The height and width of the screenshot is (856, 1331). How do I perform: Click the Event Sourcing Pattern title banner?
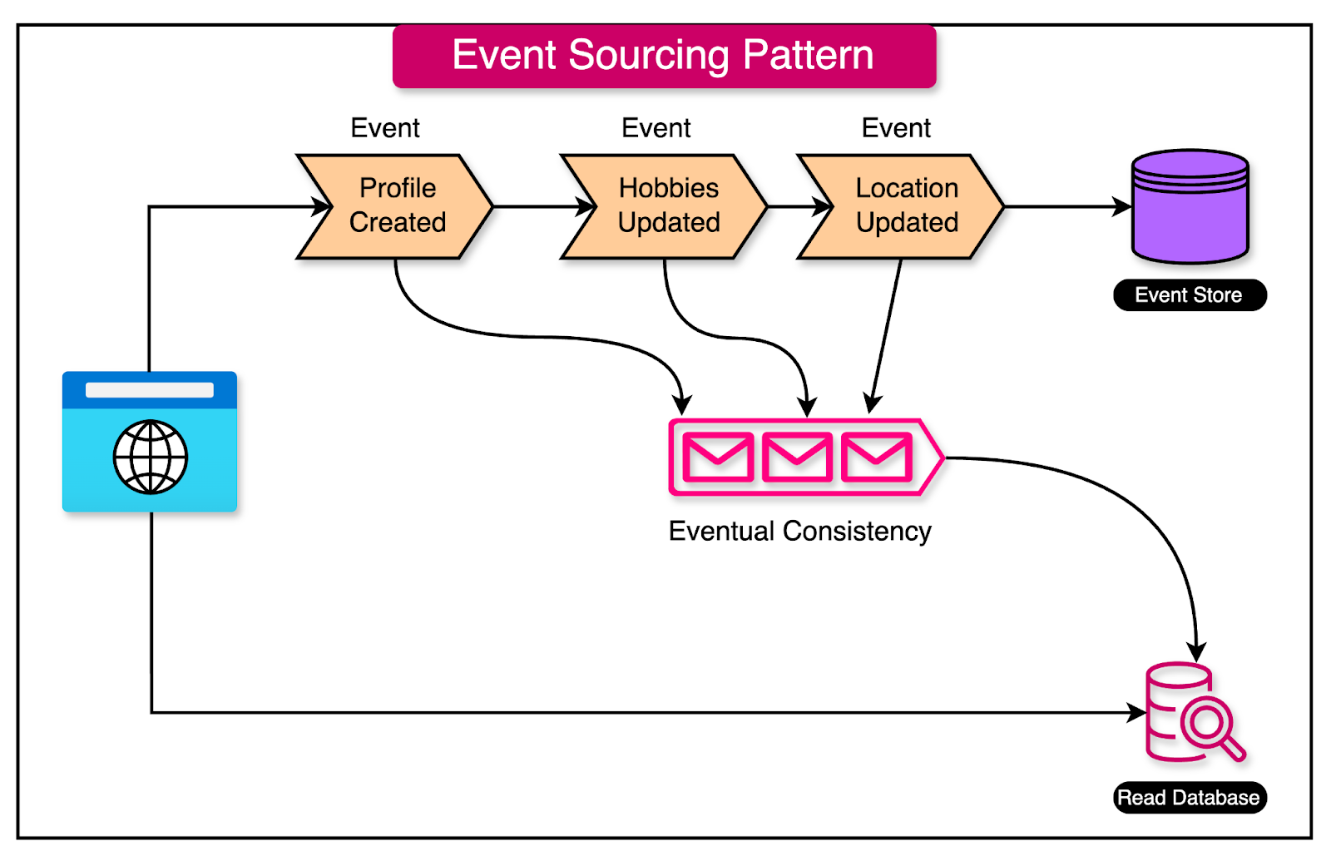click(664, 56)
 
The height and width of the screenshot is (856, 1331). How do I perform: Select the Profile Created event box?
click(397, 205)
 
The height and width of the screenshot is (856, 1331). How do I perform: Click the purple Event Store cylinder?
click(1190, 208)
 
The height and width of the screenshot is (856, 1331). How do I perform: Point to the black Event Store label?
click(1189, 295)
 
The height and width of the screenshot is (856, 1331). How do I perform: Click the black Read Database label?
click(1189, 798)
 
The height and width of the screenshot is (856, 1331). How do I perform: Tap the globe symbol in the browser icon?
click(151, 457)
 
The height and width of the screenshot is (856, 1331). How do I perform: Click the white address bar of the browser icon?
click(150, 390)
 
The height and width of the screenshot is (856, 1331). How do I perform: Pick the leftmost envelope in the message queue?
click(718, 457)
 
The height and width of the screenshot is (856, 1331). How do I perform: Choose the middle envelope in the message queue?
click(797, 457)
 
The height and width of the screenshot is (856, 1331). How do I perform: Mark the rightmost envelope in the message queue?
click(877, 457)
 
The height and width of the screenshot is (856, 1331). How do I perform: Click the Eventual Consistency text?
click(799, 531)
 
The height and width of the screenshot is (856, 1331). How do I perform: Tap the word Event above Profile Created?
click(385, 128)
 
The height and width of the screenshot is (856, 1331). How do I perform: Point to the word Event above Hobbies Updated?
click(656, 128)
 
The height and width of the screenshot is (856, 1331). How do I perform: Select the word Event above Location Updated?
click(896, 128)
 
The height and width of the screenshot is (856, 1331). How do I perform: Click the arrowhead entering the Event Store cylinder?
click(1122, 206)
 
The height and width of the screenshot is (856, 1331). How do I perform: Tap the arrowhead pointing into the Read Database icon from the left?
click(1136, 712)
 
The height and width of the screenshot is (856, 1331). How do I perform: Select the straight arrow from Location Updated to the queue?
click(886, 333)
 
